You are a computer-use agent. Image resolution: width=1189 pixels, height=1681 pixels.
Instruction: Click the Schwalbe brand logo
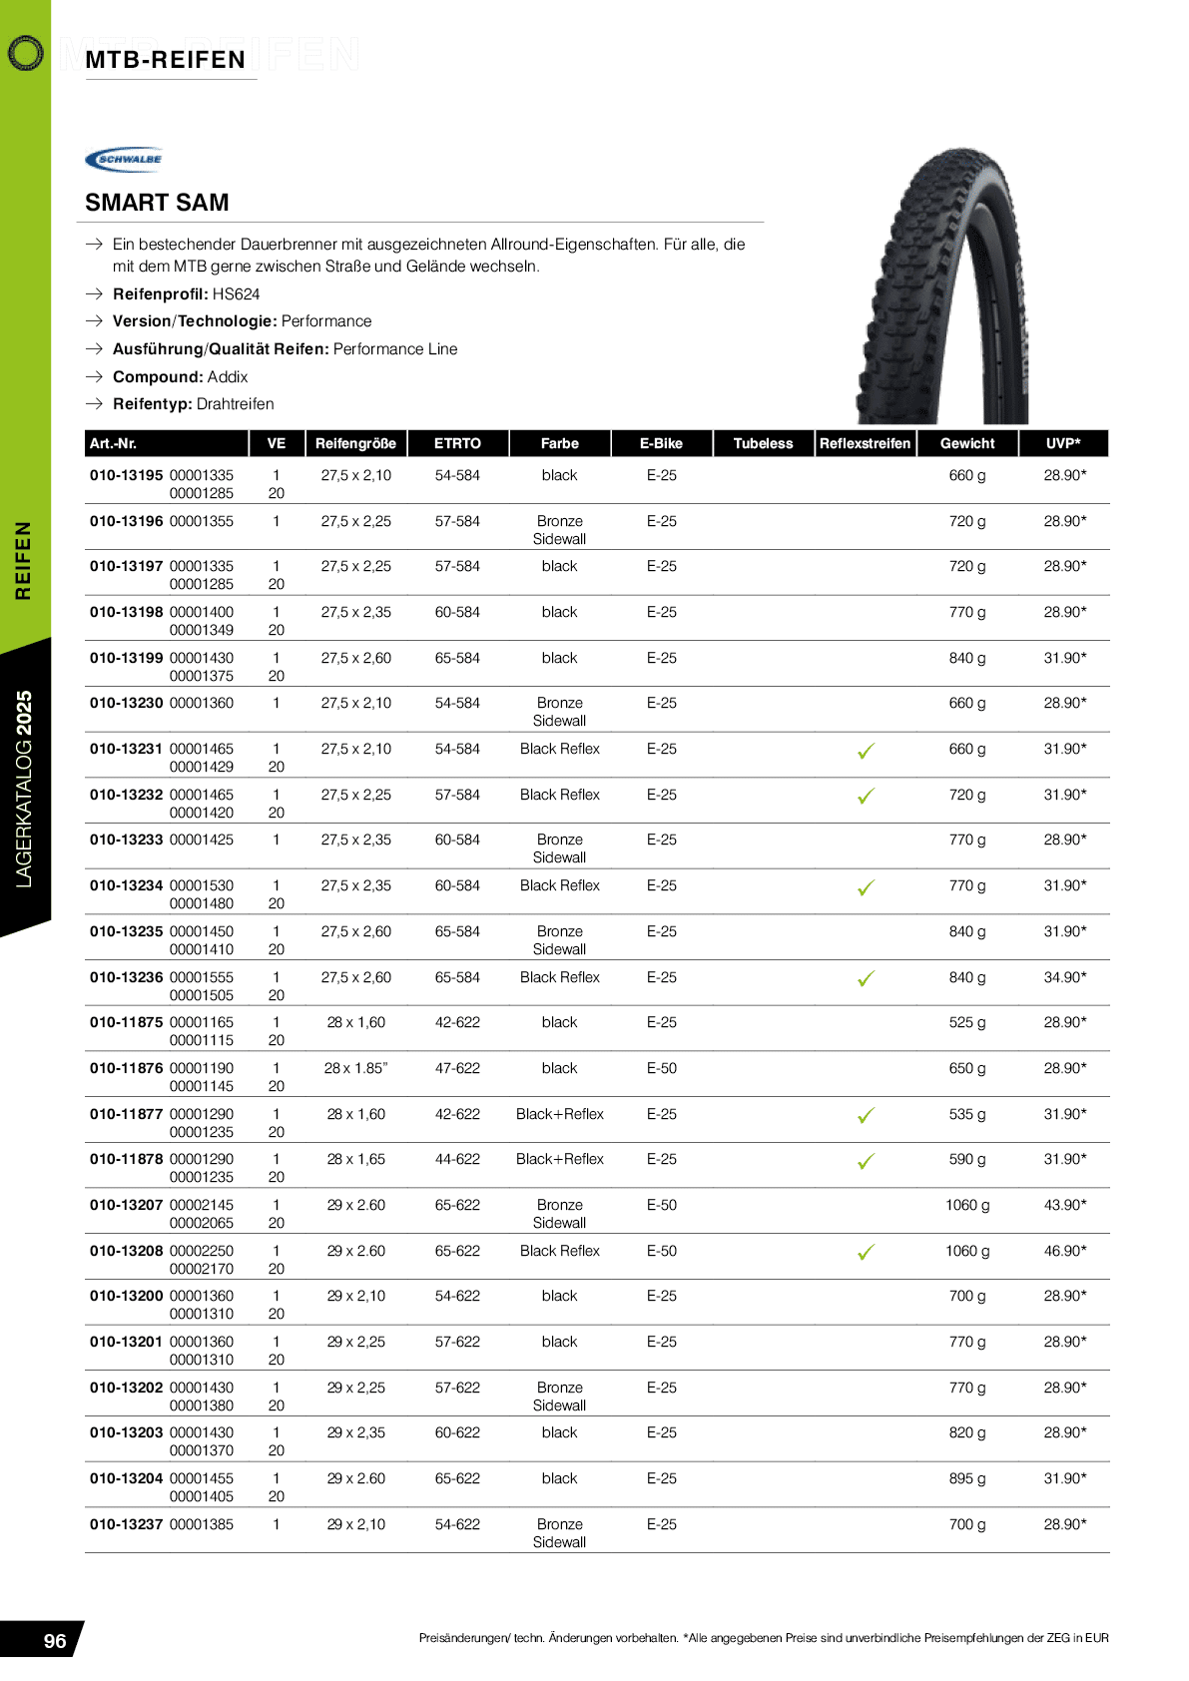coord(125,159)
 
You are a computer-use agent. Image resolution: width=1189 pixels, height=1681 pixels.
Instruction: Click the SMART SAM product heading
coord(157,203)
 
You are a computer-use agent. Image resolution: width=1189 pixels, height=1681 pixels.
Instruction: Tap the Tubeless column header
coord(763,443)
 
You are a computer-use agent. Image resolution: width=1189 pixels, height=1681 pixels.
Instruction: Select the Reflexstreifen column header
coord(865,443)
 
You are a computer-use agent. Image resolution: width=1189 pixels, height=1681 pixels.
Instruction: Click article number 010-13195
coord(126,475)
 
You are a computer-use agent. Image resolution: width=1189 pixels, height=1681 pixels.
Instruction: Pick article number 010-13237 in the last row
coord(126,1524)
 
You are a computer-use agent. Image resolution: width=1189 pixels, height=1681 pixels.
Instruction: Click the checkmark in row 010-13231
coord(866,751)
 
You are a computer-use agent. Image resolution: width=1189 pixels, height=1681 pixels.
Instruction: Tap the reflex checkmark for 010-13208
coord(866,1252)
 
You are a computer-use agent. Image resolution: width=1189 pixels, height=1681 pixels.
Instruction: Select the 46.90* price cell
coord(1064,1251)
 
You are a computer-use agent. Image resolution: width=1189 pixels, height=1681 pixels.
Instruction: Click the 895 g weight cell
coord(966,1478)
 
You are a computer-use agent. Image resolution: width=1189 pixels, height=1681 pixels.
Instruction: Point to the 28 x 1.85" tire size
coord(355,1068)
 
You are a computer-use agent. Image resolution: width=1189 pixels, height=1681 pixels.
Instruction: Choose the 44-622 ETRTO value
coord(457,1159)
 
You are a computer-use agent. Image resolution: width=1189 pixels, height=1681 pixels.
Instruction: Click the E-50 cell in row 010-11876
coord(661,1068)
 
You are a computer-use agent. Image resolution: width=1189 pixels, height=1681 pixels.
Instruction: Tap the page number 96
coord(55,1641)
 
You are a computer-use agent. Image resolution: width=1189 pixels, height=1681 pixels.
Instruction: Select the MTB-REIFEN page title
coord(166,60)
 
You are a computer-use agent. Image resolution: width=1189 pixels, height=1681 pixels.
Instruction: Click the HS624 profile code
coord(236,294)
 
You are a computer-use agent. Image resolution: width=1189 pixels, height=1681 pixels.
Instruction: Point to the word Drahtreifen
coord(235,404)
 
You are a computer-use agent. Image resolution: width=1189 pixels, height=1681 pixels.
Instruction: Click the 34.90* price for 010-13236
coord(1064,977)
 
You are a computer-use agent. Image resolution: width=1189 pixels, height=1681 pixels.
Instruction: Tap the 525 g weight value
coord(966,1022)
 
